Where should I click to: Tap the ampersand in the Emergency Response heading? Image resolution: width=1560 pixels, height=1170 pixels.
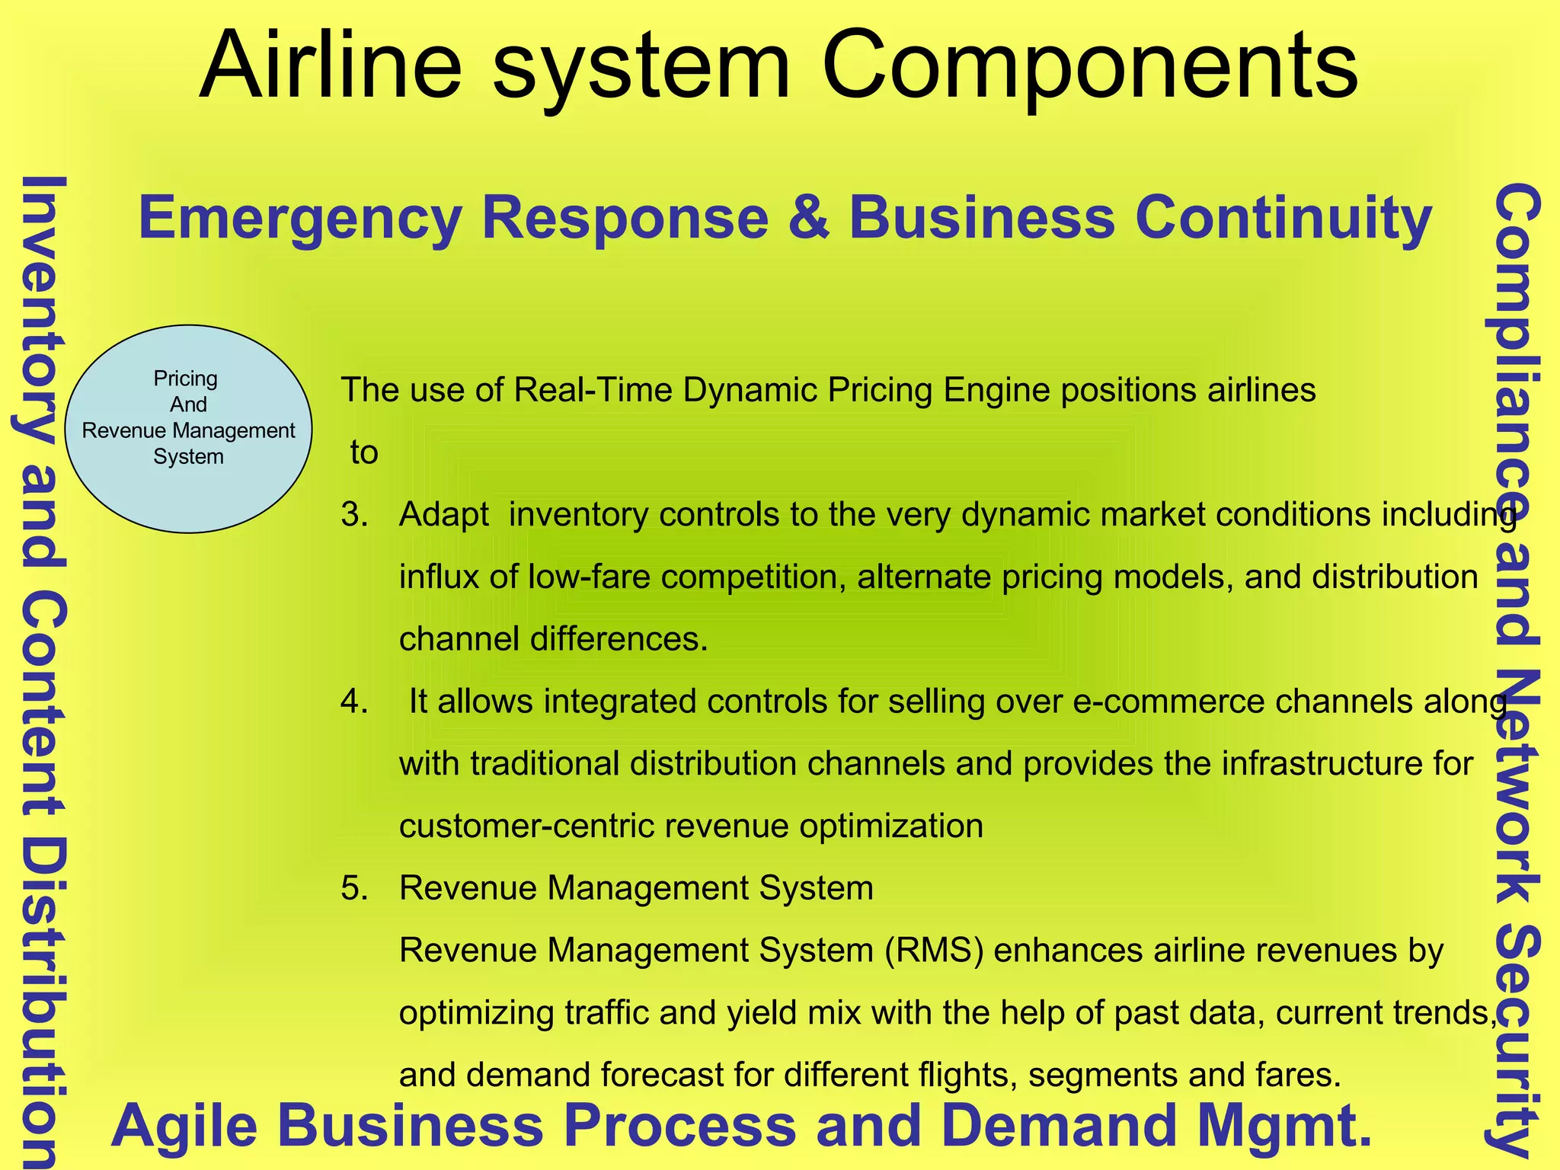(x=808, y=219)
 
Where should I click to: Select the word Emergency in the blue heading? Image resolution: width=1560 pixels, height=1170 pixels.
(x=300, y=219)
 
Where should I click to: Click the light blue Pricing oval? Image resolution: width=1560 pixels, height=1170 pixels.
(x=188, y=429)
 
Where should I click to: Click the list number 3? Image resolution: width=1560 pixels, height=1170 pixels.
(x=354, y=515)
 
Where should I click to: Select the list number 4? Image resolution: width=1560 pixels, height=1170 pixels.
(x=354, y=702)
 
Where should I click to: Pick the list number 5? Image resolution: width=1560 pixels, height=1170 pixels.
(x=354, y=888)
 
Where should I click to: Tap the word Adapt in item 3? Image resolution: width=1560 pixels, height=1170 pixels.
(x=443, y=515)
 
